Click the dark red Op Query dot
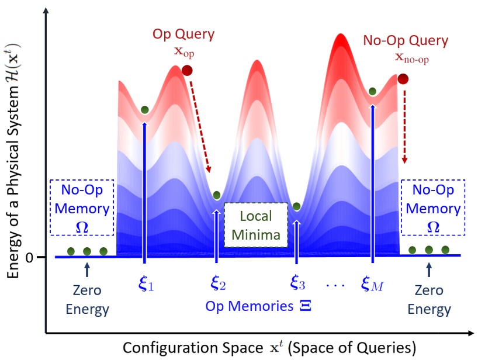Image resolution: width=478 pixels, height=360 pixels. pos(187,71)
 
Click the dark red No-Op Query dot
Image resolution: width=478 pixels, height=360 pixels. pos(403,79)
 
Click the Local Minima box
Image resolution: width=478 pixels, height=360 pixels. pos(256,225)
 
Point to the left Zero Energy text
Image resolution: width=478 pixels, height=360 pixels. pos(86,300)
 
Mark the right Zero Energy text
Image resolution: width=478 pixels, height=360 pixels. pos(429,300)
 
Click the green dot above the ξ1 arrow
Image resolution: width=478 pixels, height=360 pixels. pos(144,110)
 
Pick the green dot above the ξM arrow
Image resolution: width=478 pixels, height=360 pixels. pos(372,91)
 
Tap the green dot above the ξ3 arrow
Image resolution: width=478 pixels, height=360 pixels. pos(296,206)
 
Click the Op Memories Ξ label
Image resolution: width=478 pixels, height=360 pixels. pos(255,307)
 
